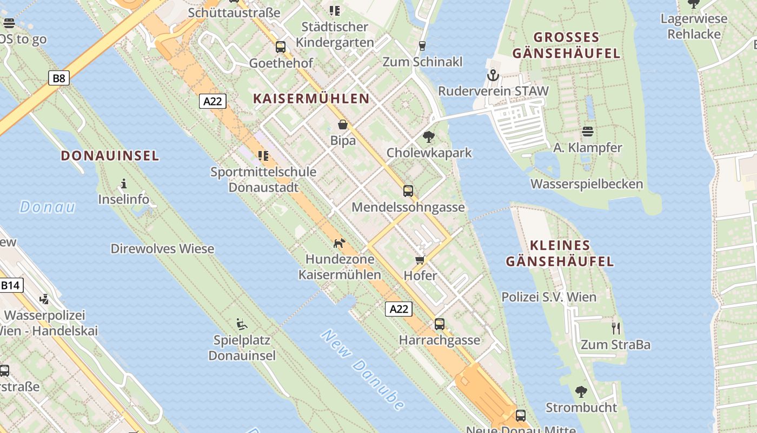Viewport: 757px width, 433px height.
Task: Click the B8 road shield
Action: (59, 78)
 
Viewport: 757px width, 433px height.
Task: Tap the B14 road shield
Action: (11, 285)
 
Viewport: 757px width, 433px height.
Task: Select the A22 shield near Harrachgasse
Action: (399, 309)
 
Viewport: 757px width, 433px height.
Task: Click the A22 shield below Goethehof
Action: (213, 101)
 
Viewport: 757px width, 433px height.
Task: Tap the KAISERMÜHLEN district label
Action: (311, 99)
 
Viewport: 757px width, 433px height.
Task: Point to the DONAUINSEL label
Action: (110, 156)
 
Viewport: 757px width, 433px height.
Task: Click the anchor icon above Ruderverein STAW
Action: (492, 75)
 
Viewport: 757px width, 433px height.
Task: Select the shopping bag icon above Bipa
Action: (342, 125)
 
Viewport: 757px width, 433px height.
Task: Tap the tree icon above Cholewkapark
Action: (429, 136)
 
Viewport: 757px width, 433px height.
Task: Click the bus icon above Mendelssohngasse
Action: (408, 191)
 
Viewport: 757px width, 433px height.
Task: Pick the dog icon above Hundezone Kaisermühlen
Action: (339, 243)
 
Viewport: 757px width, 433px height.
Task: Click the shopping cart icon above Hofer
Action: (420, 260)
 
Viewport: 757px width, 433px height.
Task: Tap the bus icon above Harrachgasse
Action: (440, 324)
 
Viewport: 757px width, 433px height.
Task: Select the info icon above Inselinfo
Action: (124, 183)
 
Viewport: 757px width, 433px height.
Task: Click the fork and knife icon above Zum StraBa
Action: (615, 328)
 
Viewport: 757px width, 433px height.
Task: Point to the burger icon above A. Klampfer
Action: (588, 132)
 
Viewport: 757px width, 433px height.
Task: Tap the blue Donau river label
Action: (48, 207)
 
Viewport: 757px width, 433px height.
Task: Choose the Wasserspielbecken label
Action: (587, 184)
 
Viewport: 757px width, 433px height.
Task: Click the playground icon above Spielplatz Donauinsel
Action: (242, 324)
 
